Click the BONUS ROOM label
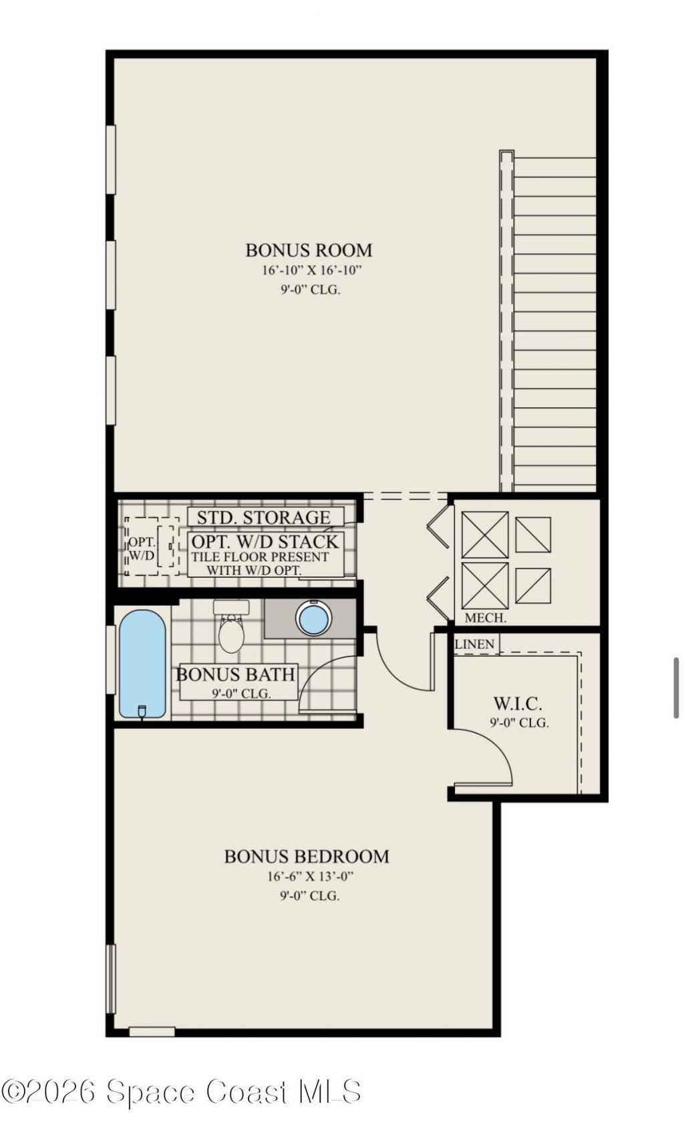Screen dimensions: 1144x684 309,250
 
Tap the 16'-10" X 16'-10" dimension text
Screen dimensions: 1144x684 311,271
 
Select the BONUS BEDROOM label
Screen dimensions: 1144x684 307,856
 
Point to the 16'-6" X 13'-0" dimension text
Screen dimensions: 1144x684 309,877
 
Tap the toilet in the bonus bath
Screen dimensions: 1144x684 231,629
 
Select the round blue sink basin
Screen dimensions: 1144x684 313,618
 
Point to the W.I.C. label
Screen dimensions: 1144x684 518,703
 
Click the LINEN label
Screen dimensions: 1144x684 475,645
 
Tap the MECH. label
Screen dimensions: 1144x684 486,618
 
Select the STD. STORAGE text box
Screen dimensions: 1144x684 265,518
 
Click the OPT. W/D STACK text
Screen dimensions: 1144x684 265,542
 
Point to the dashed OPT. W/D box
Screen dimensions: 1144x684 151,546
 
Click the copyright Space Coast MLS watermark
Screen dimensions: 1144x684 181,1093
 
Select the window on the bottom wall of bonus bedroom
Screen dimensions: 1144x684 152,1032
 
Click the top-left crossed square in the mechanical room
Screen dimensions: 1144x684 485,535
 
